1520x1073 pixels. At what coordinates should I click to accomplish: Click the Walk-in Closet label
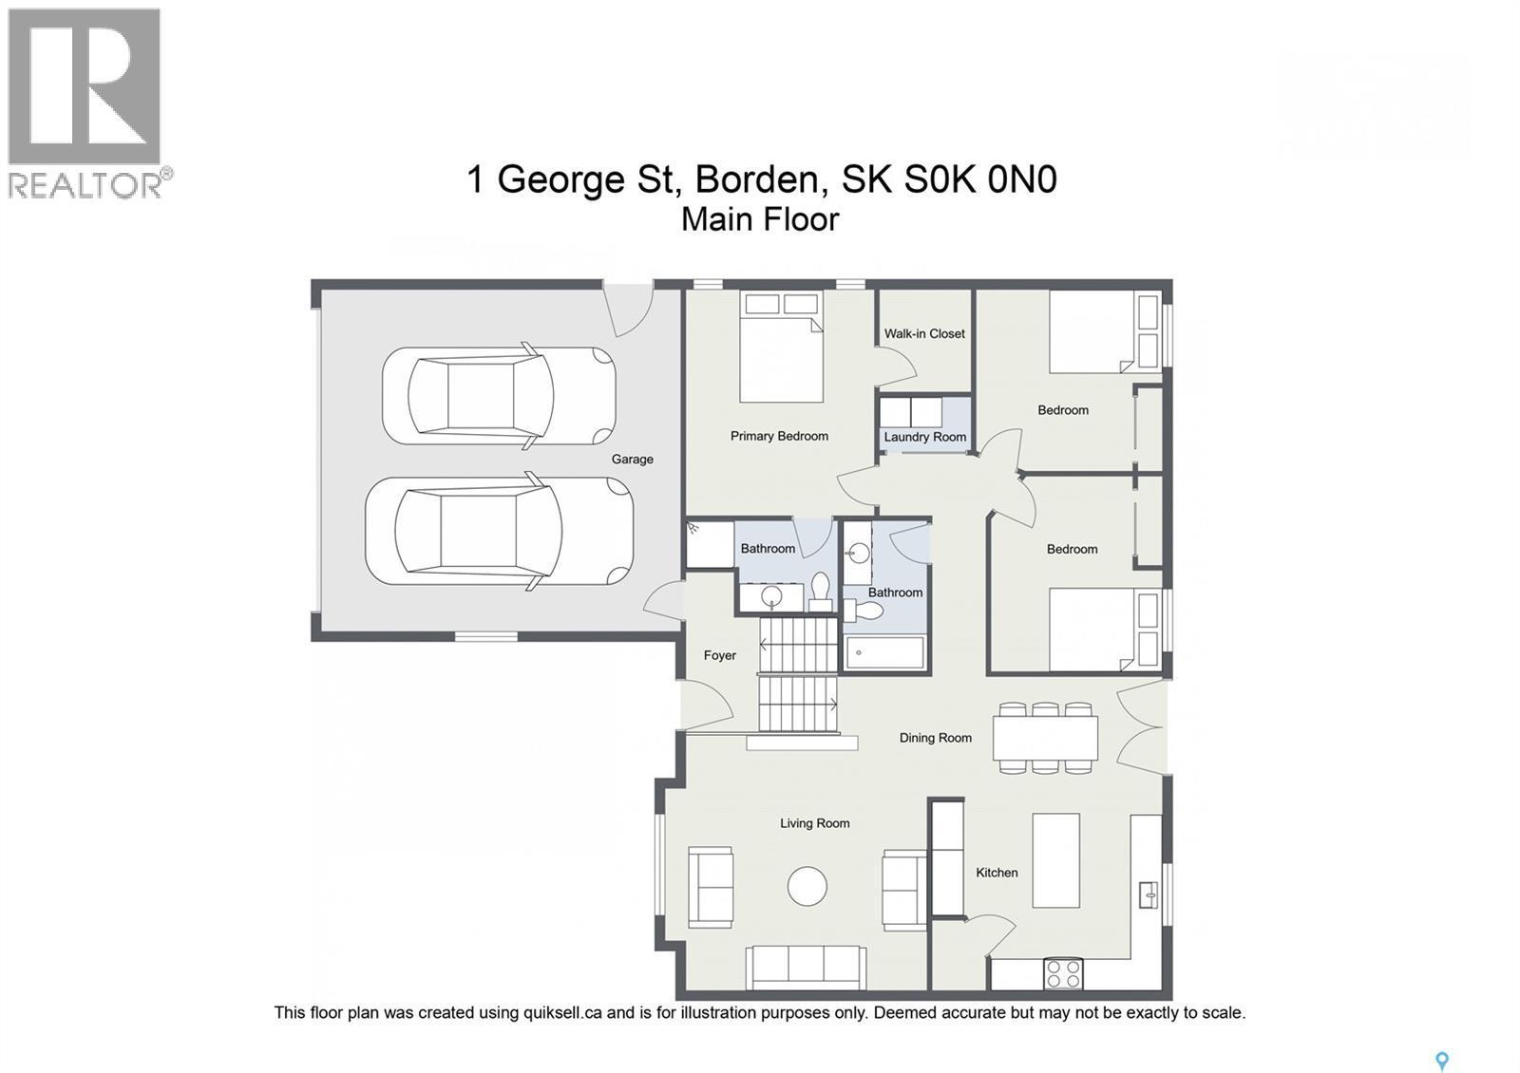tap(924, 333)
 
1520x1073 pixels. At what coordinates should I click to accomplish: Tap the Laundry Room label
tap(924, 437)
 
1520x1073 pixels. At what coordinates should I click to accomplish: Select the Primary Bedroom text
tap(779, 436)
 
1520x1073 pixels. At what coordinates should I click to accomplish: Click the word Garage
tap(632, 459)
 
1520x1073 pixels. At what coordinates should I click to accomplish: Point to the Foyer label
tap(719, 655)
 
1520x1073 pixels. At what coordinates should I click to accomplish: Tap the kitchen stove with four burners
tap(1063, 973)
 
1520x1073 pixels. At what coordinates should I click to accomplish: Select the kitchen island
tap(1055, 860)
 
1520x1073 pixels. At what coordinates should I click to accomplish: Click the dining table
tap(1045, 738)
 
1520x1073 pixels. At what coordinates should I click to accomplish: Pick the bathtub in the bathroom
tap(884, 652)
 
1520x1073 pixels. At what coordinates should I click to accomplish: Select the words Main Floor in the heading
tap(760, 219)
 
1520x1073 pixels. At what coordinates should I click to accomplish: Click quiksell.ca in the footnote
tap(562, 1012)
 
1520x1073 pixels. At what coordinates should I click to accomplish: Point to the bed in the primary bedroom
tap(781, 348)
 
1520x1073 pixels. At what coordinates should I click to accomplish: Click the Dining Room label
tap(935, 738)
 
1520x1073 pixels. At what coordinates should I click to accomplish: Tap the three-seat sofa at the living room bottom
tap(805, 967)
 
